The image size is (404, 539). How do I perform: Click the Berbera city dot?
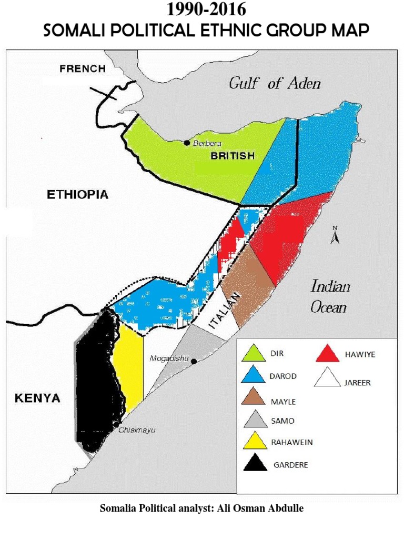186,143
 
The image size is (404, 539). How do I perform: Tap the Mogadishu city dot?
194,361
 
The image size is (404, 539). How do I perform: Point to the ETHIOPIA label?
78,195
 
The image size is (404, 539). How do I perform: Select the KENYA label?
36,398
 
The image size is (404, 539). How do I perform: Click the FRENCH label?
83,68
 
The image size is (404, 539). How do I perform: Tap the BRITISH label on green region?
233,156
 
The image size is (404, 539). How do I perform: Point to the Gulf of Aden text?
274,83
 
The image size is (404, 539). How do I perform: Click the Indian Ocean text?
330,297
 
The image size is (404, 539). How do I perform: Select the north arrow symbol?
334,236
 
